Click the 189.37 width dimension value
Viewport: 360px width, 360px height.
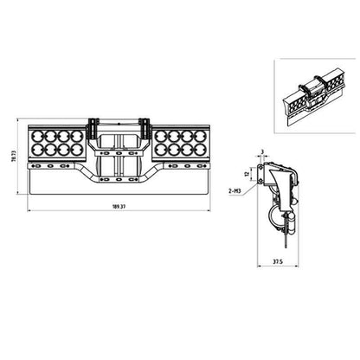[x=119, y=207]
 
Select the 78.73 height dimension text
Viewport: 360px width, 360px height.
[x=14, y=156]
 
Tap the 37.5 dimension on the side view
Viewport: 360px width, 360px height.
[x=278, y=261]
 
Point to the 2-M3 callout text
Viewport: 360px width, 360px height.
[x=234, y=190]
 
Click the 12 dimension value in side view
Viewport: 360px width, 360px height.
[x=247, y=174]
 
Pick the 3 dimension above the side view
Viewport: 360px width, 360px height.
[x=262, y=151]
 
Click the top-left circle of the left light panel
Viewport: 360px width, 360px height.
[x=37, y=136]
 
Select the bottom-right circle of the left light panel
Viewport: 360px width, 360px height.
[x=77, y=149]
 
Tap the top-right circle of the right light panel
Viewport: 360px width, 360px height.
[x=201, y=136]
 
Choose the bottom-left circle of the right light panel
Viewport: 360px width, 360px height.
[x=161, y=149]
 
